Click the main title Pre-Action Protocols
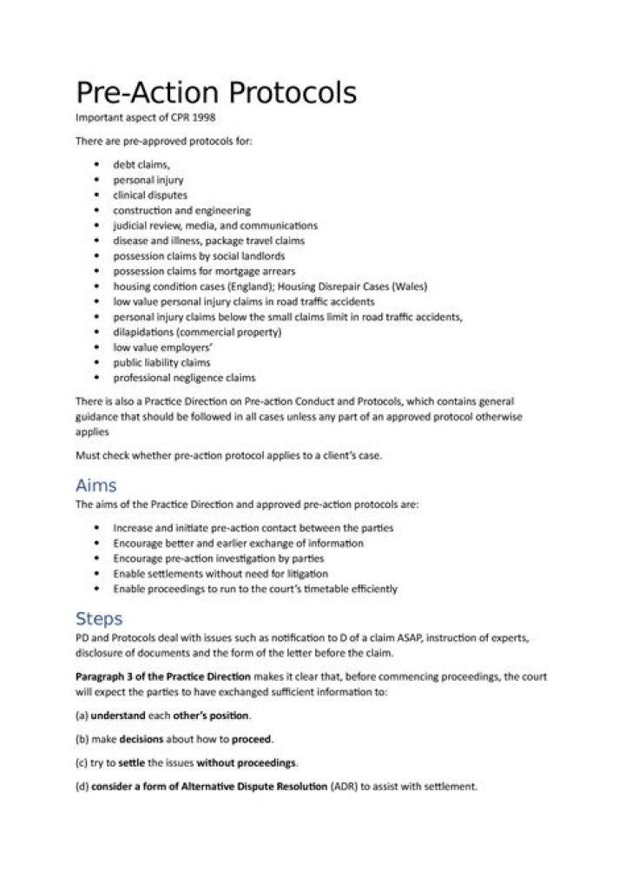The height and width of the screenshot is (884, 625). [216, 92]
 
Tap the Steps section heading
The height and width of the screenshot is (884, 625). [99, 618]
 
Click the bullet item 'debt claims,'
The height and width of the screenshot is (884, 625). [141, 163]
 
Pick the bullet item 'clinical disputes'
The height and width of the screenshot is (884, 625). [149, 195]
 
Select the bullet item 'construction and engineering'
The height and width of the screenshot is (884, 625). [181, 210]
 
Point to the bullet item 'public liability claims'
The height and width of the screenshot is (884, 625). [161, 362]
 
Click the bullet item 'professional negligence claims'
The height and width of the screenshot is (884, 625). [184, 378]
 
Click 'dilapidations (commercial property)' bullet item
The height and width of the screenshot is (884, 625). [197, 332]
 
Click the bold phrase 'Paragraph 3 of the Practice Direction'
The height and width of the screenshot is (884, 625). [163, 676]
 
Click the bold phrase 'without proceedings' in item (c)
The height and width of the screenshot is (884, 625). [247, 763]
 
